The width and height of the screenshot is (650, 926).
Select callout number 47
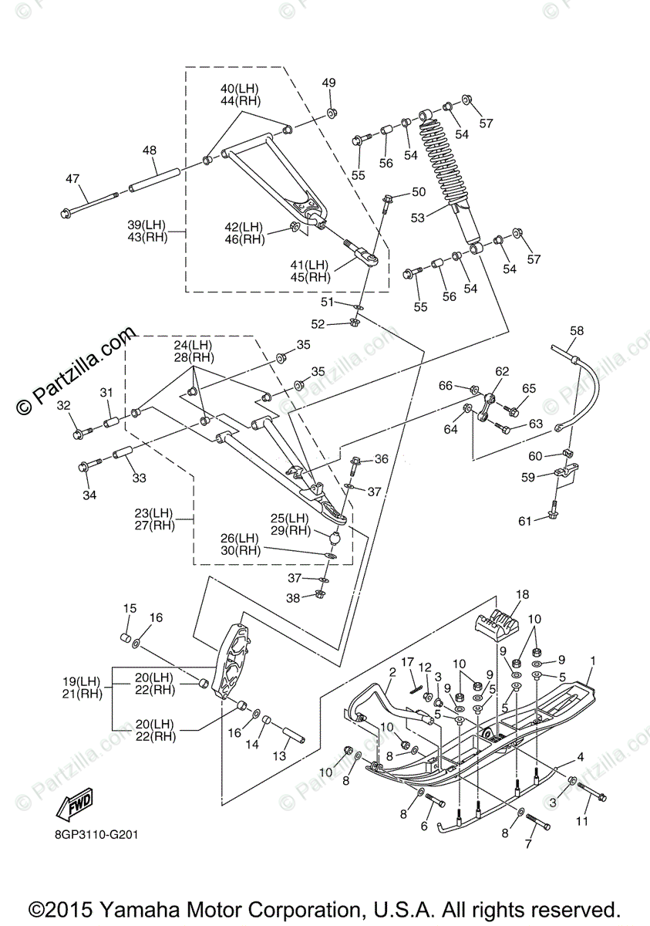pos(72,179)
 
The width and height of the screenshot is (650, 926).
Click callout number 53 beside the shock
pos(418,218)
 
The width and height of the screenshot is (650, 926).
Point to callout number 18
pos(523,594)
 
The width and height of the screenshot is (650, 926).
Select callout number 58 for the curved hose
pos(577,331)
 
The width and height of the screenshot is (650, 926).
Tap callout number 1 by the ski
pos(593,661)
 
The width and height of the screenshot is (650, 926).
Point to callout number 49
pos(329,83)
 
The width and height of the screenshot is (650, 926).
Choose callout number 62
pos(502,371)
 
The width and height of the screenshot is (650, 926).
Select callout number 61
pos(525,522)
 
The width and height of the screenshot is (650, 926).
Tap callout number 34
pos(90,495)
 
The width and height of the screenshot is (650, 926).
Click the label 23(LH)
pos(153,513)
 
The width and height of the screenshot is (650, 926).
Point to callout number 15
pos(130,609)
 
